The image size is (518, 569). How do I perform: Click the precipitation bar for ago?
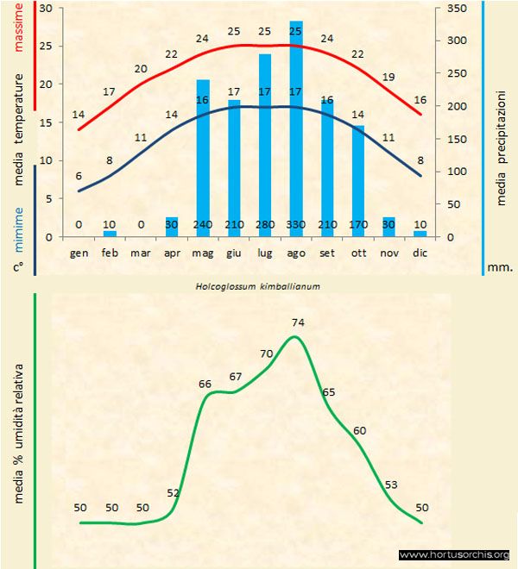point(296,129)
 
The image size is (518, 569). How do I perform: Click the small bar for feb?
point(110,234)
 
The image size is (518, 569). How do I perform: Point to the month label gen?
point(79,253)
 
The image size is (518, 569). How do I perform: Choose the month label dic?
point(420,253)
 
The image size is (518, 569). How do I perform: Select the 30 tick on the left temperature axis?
point(46,9)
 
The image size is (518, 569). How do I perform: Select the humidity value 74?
point(299,322)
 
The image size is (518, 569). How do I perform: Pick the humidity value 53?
point(391,485)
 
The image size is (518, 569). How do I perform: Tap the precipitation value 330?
point(296,225)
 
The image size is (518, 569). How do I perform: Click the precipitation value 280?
point(265,225)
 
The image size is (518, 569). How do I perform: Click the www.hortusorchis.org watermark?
point(454,555)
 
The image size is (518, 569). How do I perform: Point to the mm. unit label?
point(500,267)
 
